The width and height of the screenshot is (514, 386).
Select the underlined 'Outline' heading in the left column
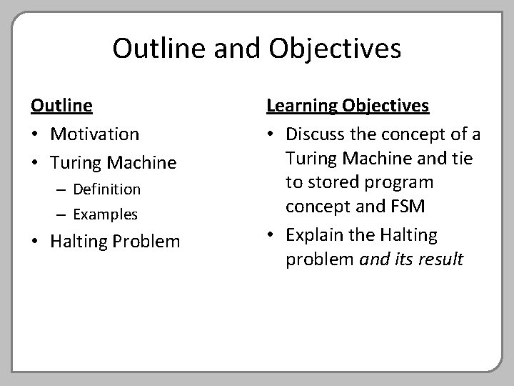61,106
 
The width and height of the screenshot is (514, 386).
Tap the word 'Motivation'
95,134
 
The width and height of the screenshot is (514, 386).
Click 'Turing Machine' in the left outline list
113,162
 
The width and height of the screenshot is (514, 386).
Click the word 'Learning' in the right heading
298,106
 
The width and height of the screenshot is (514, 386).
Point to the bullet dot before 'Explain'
271,235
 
